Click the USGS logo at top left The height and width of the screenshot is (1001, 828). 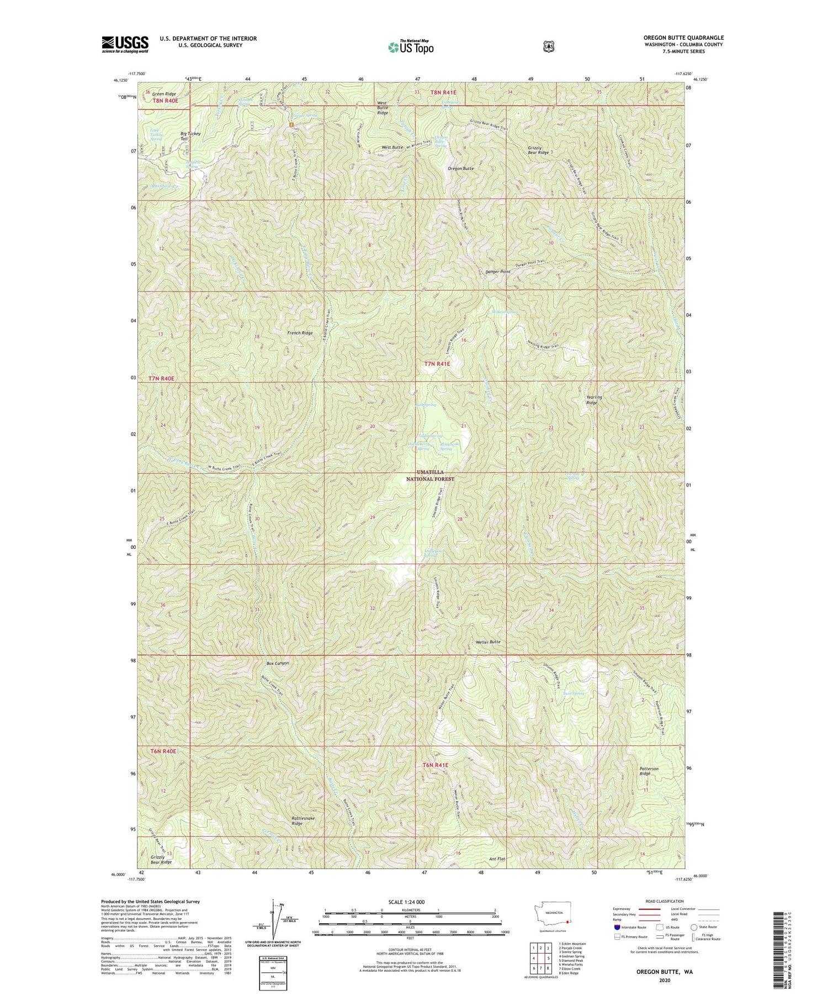click(125, 44)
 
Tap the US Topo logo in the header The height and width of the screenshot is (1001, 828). click(411, 46)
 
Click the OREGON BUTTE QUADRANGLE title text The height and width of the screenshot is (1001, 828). click(683, 38)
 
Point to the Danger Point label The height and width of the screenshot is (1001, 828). click(497, 272)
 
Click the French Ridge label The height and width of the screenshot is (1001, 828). click(300, 333)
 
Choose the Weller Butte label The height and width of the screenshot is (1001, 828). click(487, 642)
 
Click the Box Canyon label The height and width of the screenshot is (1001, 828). click(278, 663)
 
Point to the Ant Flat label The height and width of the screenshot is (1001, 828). click(497, 859)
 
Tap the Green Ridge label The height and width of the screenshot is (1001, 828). click(164, 94)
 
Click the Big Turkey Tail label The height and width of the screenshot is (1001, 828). click(190, 136)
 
